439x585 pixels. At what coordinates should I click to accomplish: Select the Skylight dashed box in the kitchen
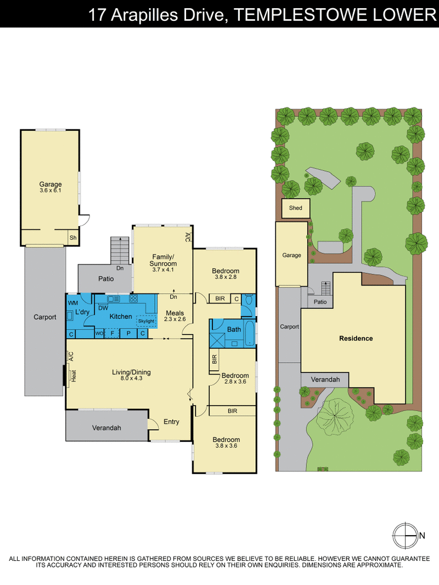[x=147, y=320]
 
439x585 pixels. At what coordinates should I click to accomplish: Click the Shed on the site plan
[x=295, y=208]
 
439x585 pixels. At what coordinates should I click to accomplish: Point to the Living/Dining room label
[x=131, y=375]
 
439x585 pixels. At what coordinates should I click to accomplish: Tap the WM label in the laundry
[x=73, y=303]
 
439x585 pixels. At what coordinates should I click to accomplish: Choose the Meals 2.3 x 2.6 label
[x=175, y=316]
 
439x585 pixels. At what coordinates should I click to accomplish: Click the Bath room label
[x=234, y=329]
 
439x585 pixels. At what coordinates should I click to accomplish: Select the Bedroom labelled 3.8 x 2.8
[x=226, y=274]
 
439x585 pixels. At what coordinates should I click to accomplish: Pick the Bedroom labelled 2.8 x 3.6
[x=235, y=379]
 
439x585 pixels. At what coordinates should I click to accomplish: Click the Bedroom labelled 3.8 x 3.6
[x=226, y=442]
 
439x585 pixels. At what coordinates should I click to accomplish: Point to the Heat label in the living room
[x=73, y=376]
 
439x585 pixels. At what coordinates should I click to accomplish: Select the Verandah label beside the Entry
[x=106, y=428]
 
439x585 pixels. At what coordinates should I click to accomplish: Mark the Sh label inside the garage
[x=72, y=238]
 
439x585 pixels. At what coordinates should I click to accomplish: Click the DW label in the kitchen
[x=103, y=308]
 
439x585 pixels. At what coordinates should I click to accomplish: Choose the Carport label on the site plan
[x=289, y=327]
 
